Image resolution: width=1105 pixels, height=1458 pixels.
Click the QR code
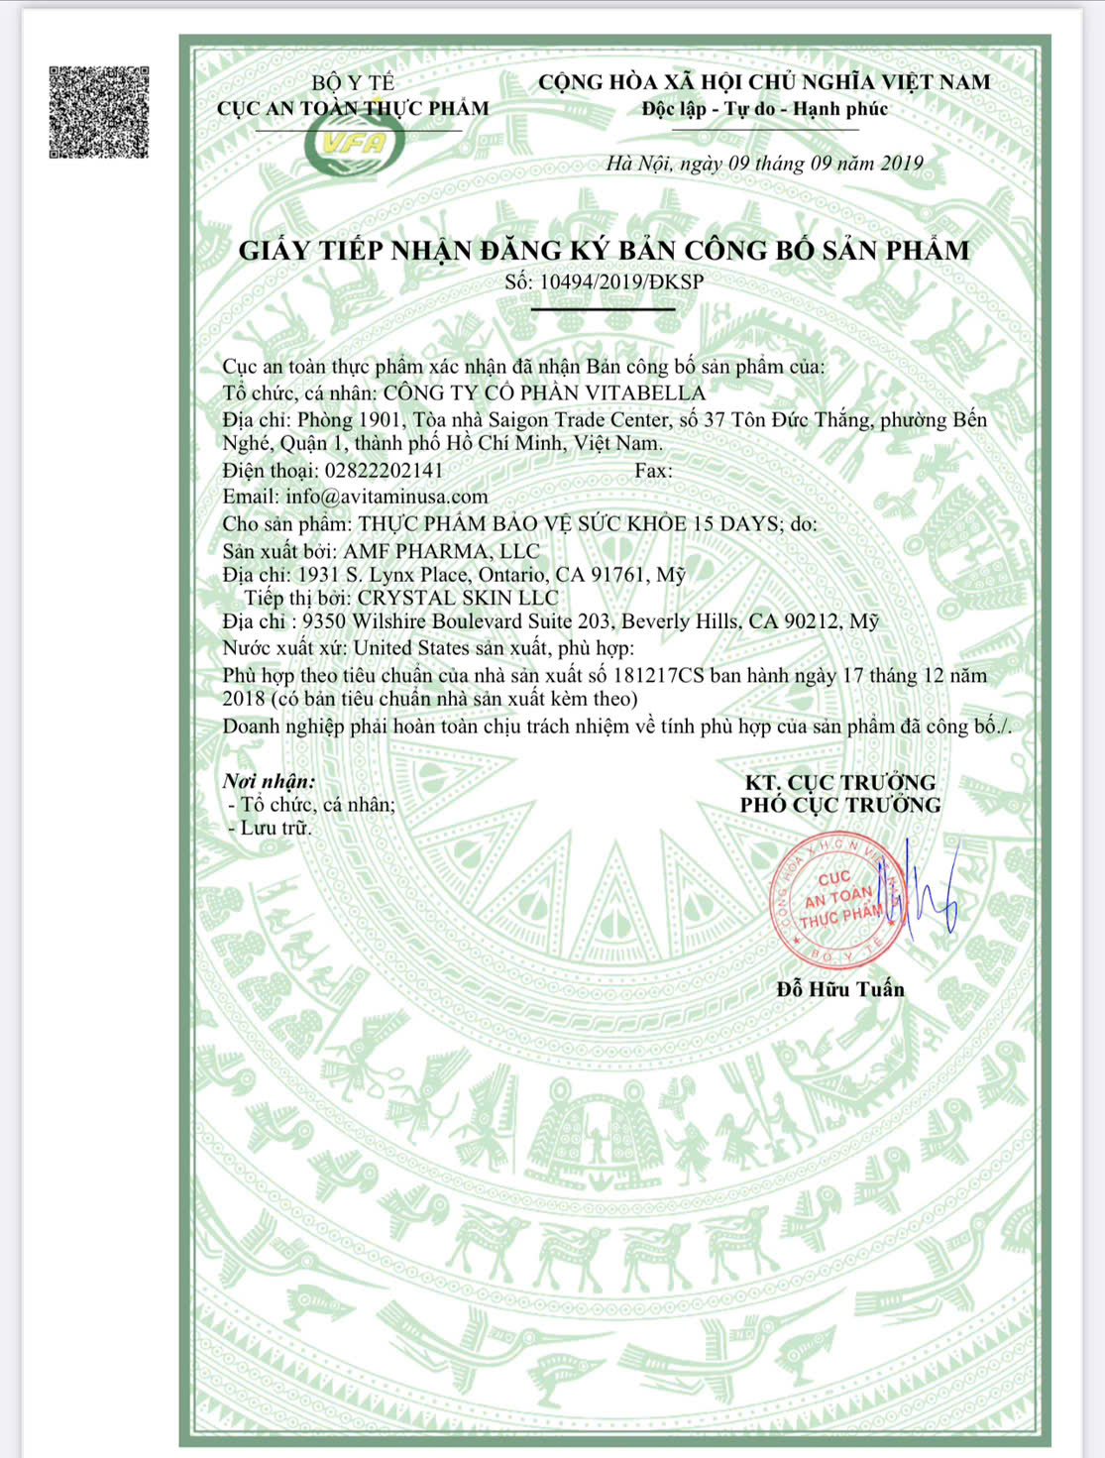pos(99,112)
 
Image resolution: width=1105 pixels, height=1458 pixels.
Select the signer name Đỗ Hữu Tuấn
pos(840,988)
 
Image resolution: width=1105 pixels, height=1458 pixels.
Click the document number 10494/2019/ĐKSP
pos(620,281)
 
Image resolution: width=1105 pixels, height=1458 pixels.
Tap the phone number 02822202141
pos(384,470)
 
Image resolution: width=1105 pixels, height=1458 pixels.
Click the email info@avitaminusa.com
pos(387,497)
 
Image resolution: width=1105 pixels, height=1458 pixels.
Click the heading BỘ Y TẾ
pos(353,82)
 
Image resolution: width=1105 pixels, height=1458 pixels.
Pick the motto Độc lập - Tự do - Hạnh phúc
pos(764,109)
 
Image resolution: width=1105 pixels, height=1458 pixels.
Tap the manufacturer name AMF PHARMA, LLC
pos(441,551)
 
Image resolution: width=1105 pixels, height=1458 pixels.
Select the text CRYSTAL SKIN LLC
pos(458,598)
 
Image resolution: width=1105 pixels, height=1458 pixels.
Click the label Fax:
pos(653,470)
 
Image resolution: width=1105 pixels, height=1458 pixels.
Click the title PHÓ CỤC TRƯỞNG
pos(840,805)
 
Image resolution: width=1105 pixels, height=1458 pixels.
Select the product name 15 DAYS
pos(735,523)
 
